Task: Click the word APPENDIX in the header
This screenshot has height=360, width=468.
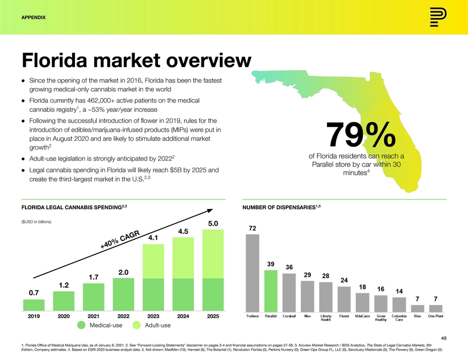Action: click(33, 18)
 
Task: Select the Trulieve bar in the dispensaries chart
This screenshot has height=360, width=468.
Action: click(252, 272)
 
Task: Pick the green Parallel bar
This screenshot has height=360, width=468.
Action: click(271, 290)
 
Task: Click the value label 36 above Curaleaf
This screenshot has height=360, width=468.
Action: click(289, 267)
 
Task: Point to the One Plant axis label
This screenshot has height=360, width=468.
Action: click(436, 317)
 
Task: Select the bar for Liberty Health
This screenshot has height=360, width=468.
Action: click(325, 296)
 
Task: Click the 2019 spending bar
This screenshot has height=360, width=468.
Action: click(34, 305)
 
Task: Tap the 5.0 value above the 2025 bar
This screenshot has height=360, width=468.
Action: click(213, 223)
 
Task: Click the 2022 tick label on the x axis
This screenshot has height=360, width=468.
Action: click(123, 317)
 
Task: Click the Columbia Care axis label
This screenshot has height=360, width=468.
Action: click(399, 319)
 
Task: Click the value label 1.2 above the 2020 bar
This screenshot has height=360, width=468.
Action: click(64, 285)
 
